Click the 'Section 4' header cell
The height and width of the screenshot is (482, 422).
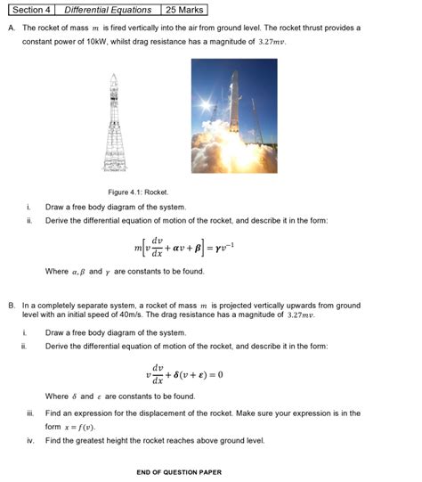tap(29, 11)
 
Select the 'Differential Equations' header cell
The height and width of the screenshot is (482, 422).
tap(108, 11)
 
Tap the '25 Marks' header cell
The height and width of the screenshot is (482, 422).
tap(184, 11)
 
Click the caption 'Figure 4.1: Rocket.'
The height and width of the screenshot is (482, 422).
tap(138, 192)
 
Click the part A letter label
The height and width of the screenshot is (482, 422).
tap(11, 29)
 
